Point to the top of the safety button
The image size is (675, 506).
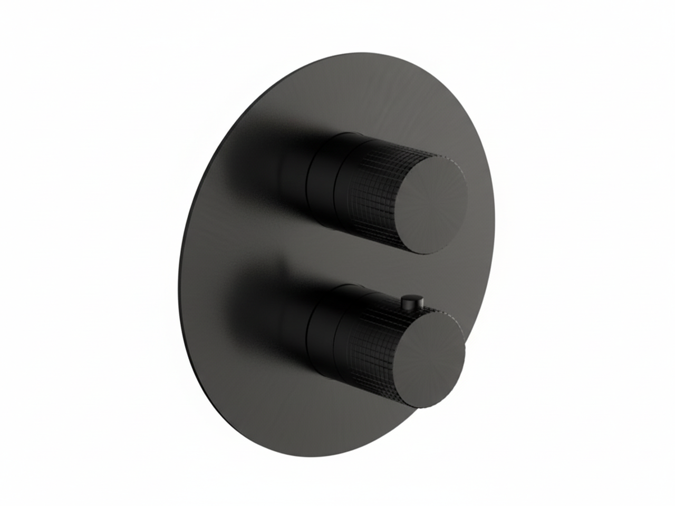[x=409, y=298]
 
